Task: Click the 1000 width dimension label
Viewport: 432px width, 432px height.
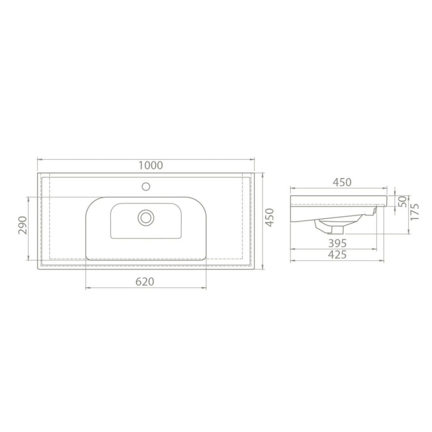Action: click(x=150, y=165)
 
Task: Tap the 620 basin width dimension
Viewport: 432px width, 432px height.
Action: click(x=145, y=282)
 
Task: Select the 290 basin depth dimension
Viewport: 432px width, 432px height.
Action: click(x=22, y=225)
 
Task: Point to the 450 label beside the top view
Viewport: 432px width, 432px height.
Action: click(x=270, y=217)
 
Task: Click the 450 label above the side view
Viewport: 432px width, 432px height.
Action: click(x=342, y=182)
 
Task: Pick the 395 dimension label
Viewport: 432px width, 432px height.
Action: click(x=337, y=243)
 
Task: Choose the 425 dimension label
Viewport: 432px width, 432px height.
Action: click(x=337, y=254)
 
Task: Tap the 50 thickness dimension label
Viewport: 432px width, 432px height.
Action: click(x=403, y=201)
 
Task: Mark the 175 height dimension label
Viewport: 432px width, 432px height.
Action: click(x=415, y=211)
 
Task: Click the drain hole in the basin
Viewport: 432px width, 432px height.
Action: click(x=146, y=217)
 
